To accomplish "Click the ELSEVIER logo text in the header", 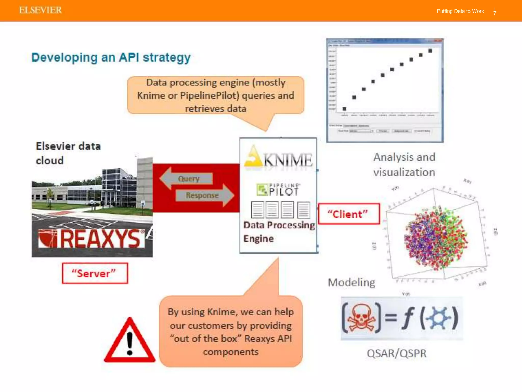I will click(40, 10).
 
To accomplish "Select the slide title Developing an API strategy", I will click(111, 57).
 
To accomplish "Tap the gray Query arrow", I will click(187, 178).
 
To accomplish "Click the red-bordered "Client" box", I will click(348, 214).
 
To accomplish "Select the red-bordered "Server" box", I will click(95, 273).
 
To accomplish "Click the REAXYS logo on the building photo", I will click(91, 239).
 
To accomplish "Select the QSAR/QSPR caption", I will click(396, 353).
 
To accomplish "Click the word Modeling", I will click(351, 283).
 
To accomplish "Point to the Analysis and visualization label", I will click(404, 165).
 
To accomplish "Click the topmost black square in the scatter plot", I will click(430, 51).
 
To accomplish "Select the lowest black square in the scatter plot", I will click(344, 109).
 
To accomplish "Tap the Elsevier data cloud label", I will click(68, 153).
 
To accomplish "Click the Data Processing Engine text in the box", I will click(279, 232).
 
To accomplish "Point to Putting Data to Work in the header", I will click(460, 11).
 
